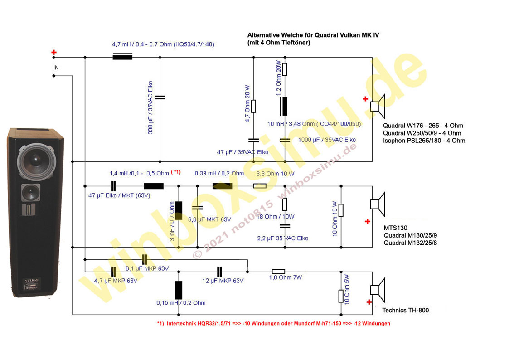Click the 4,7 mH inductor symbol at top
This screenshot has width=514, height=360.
point(122,57)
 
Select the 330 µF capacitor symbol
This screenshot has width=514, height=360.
point(160,97)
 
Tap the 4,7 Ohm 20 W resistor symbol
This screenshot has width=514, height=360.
point(253,106)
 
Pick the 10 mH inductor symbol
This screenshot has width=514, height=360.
point(285,107)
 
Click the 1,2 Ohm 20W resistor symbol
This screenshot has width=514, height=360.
point(285,69)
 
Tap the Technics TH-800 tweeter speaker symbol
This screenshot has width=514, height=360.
point(378,290)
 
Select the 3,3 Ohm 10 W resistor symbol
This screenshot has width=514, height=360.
point(260,186)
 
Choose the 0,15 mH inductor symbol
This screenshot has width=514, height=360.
point(179,290)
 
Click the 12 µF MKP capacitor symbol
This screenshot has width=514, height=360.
point(220,272)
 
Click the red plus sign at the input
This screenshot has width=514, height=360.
point(54,53)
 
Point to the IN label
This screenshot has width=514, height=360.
point(56,68)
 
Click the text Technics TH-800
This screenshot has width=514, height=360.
point(405,311)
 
